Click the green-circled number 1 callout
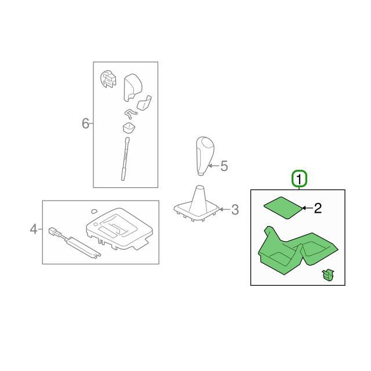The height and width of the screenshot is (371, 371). [x=299, y=179]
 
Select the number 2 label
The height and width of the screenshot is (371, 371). [x=318, y=208]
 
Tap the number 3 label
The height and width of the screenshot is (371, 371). [x=235, y=210]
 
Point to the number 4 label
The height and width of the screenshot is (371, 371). [x=34, y=229]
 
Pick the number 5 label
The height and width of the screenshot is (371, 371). [x=224, y=166]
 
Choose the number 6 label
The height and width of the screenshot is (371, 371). [x=85, y=123]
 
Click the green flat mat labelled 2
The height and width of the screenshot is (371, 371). [x=283, y=208]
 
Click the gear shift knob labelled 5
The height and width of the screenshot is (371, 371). [x=205, y=156]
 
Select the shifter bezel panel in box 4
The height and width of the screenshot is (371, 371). [x=119, y=228]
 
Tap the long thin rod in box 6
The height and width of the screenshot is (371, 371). [x=125, y=159]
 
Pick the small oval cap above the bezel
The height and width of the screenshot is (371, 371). [x=94, y=210]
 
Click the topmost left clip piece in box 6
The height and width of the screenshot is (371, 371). [x=108, y=79]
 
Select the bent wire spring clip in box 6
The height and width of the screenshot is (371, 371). [x=130, y=114]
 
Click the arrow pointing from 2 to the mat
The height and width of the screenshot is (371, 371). [x=307, y=208]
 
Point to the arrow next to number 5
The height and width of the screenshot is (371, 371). [x=213, y=166]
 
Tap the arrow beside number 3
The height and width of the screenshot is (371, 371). [x=224, y=209]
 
